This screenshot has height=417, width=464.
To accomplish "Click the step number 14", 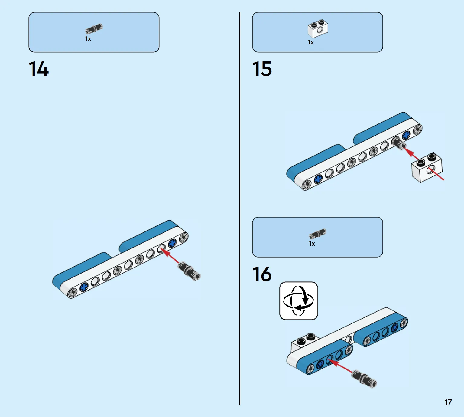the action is [39, 69].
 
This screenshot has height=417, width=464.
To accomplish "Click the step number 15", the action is [262, 69].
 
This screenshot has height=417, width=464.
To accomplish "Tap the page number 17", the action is [448, 402].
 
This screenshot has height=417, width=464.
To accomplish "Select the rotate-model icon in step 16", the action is [298, 301].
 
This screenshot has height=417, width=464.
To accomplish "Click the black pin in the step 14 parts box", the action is [94, 29].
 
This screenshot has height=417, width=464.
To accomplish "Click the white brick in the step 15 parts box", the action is [317, 29].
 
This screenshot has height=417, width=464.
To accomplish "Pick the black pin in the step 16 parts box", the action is [318, 234].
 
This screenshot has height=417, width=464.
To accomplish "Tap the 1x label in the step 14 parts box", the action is [88, 39].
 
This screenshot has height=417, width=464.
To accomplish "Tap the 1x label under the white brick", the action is [311, 42].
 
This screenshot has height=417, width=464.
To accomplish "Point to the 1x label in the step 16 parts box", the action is [312, 244].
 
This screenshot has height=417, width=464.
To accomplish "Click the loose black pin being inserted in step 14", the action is [189, 271].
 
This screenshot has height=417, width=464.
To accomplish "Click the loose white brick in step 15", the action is [427, 167].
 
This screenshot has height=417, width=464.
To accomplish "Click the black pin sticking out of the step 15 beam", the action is [399, 143].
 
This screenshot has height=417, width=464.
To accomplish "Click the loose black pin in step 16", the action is [364, 379].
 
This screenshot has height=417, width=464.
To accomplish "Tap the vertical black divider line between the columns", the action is [240, 209].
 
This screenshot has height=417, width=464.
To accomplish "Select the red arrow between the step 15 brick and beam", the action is [411, 154].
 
